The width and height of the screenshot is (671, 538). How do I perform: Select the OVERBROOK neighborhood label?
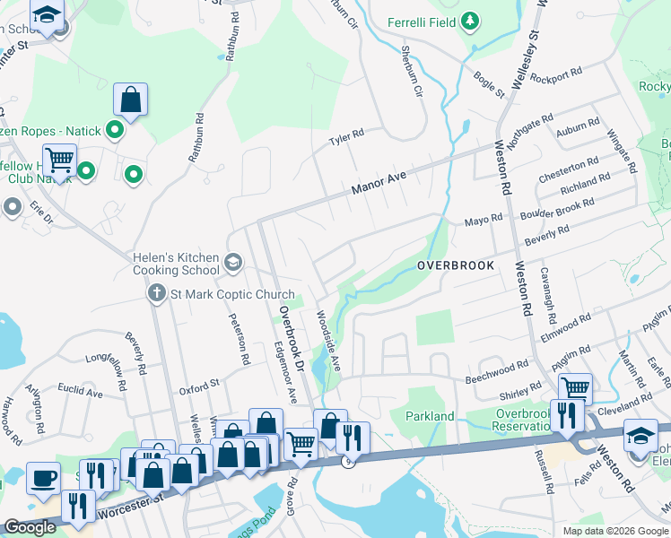[x=456, y=266]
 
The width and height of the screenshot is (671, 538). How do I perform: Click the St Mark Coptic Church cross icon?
[x=156, y=294]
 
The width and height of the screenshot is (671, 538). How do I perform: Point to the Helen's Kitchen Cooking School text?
[x=176, y=264]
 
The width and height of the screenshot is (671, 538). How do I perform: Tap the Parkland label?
[x=430, y=416]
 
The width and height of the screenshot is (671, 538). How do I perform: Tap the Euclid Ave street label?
[x=81, y=392]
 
